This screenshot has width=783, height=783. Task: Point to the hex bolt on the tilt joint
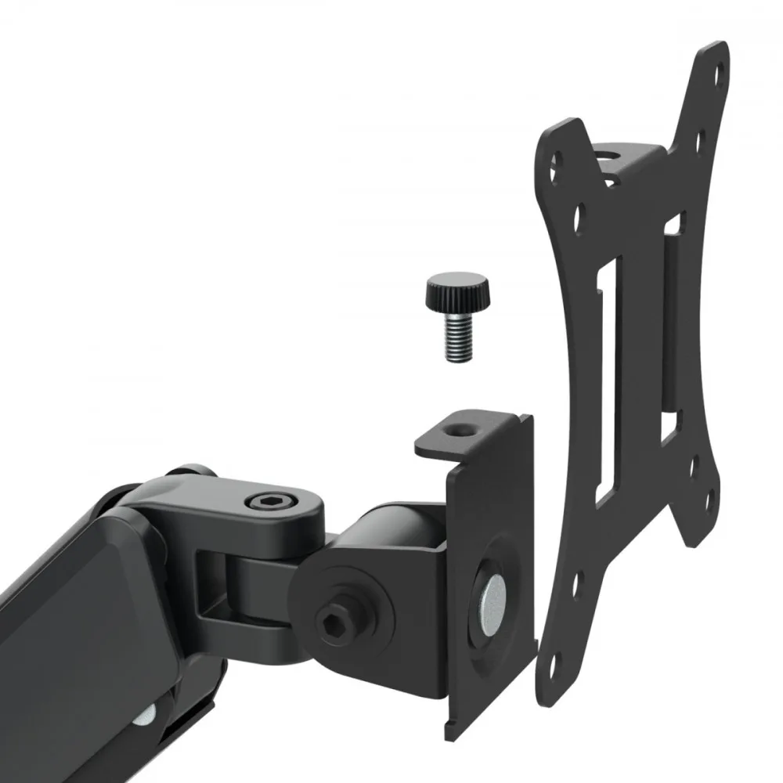(x=331, y=622)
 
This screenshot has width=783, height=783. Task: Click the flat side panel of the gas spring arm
(x=55, y=626)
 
